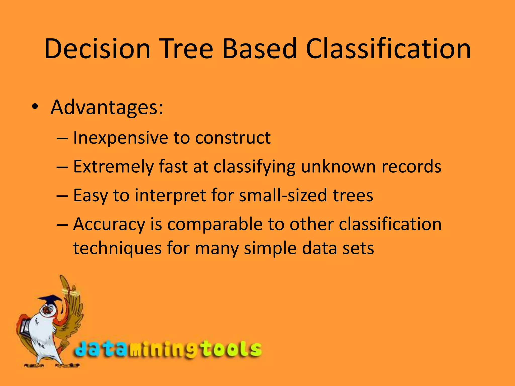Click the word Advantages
[107, 108]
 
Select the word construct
[233, 138]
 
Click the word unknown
[338, 167]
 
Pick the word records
[411, 167]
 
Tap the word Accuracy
[109, 224]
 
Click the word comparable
[215, 224]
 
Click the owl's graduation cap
[50, 300]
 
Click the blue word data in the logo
[101, 349]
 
